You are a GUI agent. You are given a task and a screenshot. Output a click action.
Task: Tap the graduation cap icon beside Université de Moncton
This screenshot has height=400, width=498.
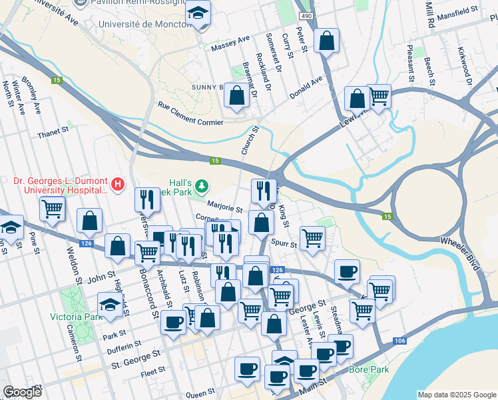click(x=198, y=13)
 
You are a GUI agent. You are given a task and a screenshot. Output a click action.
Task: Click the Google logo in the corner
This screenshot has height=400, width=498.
click(x=22, y=391)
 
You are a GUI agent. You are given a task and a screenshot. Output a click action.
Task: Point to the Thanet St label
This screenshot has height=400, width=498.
click(x=53, y=132)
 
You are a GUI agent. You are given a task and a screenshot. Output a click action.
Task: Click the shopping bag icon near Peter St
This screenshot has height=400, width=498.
click(x=327, y=41)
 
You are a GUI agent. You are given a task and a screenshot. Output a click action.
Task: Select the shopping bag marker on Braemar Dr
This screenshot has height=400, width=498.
click(x=236, y=95)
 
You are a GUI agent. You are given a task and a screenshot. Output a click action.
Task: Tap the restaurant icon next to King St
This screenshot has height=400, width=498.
click(x=264, y=191)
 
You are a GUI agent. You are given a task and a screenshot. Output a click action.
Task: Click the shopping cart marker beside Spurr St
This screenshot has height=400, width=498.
click(x=312, y=237)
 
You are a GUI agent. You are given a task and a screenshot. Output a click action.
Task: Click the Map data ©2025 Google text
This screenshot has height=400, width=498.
click(x=456, y=395)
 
